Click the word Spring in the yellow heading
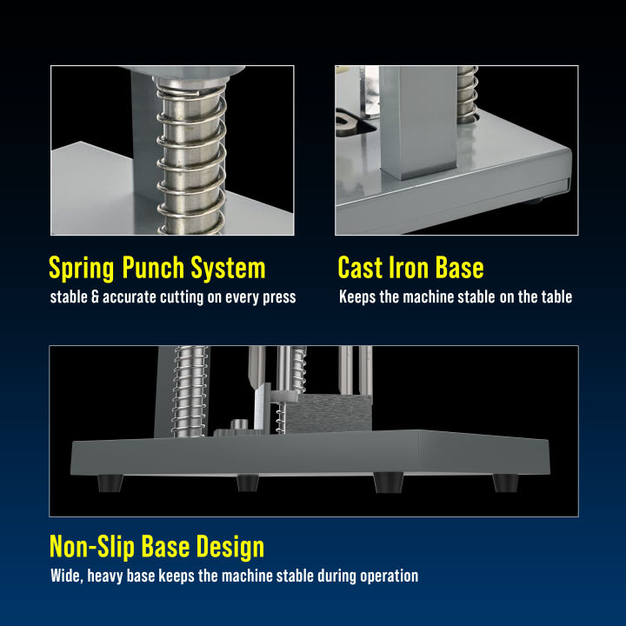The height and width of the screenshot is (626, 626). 82,268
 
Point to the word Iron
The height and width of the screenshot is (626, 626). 408,267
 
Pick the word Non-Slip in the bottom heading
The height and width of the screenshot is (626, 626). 92,547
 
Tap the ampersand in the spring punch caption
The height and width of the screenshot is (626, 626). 95,297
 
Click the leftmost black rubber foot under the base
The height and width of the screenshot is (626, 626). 110,483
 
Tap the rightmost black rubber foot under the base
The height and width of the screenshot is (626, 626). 505,483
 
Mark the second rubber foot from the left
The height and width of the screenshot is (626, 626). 248,483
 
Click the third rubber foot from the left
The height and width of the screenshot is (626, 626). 389,483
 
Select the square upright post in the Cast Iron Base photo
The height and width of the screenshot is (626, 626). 418,123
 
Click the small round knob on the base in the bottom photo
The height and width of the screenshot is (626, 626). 239,425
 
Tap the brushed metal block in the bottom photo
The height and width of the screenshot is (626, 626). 329,412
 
